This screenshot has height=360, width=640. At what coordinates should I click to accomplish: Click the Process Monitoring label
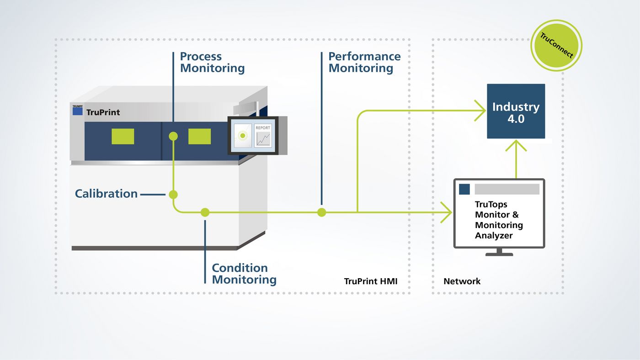coord(212,63)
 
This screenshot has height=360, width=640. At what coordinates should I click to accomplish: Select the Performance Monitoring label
coord(364,63)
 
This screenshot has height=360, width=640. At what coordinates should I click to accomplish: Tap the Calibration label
coord(106,194)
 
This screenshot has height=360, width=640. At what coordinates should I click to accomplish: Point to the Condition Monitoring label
coord(244,274)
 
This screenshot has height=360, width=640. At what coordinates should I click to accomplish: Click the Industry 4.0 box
coord(516,111)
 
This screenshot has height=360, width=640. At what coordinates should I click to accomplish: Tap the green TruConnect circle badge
coord(556,46)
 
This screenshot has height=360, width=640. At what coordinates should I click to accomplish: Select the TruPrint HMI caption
coord(370,281)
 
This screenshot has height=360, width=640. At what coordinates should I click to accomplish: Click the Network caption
coord(462,281)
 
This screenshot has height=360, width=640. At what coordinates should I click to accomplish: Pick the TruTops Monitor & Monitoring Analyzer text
coord(499,220)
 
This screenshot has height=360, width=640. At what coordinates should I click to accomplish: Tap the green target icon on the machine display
coord(243,136)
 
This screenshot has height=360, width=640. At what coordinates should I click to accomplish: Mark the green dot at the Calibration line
coord(173,195)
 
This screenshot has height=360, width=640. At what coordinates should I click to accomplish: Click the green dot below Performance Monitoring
coord(322,212)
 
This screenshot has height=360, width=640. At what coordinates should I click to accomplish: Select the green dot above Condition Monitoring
coord(205,212)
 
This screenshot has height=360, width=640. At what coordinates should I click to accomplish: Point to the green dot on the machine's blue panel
coord(173,136)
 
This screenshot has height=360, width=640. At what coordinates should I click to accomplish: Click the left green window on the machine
coord(123,136)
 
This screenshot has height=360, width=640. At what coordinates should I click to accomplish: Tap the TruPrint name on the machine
coord(103,112)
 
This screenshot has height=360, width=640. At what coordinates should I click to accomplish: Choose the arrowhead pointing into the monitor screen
coord(447,212)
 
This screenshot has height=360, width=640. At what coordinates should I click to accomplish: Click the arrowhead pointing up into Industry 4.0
coord(516,145)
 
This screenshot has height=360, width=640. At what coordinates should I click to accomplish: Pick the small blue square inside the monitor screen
coord(464,189)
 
